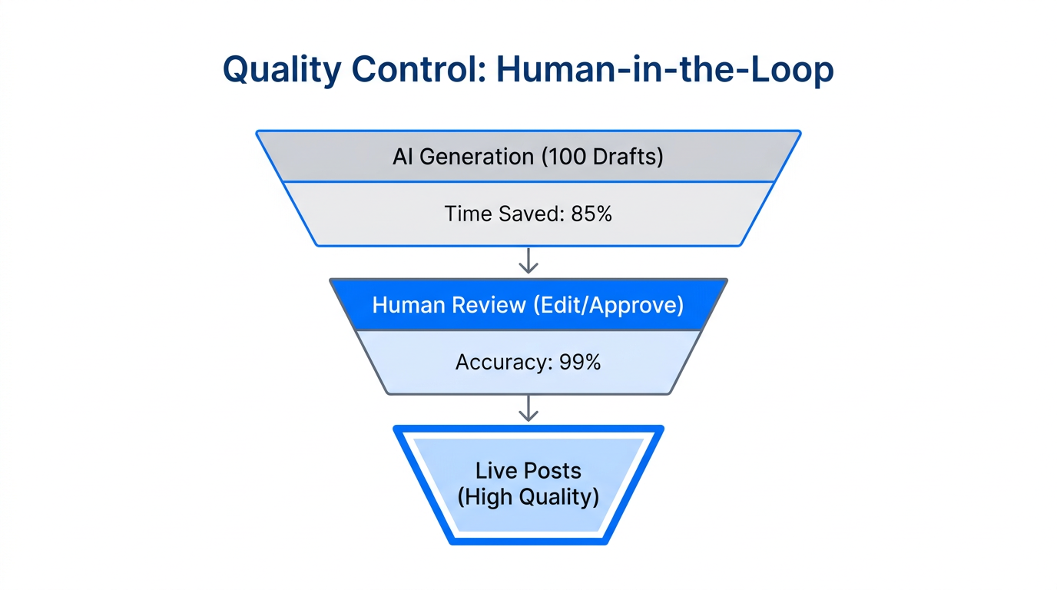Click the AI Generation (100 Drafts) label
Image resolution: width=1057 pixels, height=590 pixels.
pyautogui.click(x=528, y=157)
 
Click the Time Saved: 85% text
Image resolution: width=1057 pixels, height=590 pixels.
pyautogui.click(x=528, y=214)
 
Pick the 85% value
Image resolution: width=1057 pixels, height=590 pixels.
pyautogui.click(x=591, y=214)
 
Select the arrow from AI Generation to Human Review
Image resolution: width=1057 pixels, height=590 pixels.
pyautogui.click(x=528, y=261)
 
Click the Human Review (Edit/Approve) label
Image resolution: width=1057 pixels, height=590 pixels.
pyautogui.click(x=528, y=305)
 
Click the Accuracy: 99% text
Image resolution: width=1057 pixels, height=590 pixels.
pyautogui.click(x=528, y=362)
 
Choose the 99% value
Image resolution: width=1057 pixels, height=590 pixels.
pyautogui.click(x=580, y=362)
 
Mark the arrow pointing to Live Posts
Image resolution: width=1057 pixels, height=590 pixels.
pyautogui.click(x=528, y=409)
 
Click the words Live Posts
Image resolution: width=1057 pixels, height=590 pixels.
pyautogui.click(x=528, y=470)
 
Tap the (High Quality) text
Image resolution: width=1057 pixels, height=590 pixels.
pyautogui.click(x=528, y=497)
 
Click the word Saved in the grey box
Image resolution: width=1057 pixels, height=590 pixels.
pyautogui.click(x=529, y=214)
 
